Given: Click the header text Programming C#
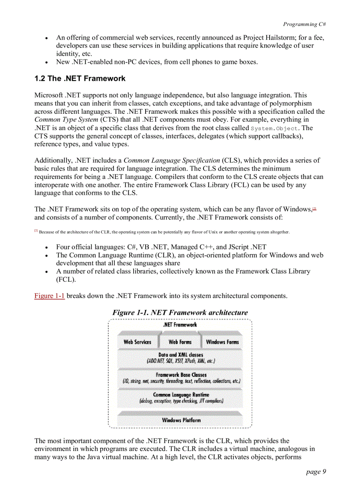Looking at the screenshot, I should click(x=304, y=24).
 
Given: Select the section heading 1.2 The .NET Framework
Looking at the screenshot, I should click(x=80, y=79).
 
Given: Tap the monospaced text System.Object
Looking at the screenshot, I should click(x=275, y=128).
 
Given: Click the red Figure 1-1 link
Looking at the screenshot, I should click(x=49, y=296).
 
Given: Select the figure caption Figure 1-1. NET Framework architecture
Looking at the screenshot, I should click(x=180, y=313).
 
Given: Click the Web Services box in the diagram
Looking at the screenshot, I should click(x=137, y=342).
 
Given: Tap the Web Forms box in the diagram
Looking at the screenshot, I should click(x=180, y=342).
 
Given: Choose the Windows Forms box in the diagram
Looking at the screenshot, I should click(x=222, y=342).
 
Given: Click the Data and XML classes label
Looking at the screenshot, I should click(x=180, y=355).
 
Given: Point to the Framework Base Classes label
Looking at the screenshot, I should click(x=181, y=375).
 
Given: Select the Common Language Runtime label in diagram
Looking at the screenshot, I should click(x=181, y=395).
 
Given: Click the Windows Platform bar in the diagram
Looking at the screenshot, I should click(x=181, y=420).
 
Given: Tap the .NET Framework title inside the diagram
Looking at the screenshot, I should click(x=180, y=325).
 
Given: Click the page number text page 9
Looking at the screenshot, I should click(x=316, y=472).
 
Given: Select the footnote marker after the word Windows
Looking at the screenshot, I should click(x=315, y=208).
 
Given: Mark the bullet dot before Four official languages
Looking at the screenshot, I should click(x=47, y=247).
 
